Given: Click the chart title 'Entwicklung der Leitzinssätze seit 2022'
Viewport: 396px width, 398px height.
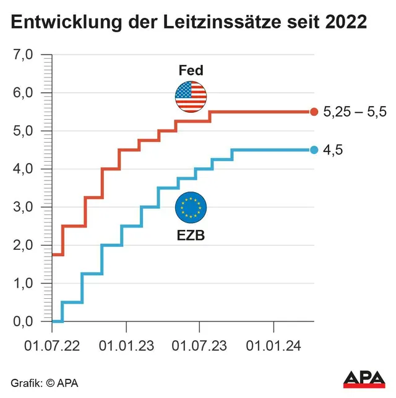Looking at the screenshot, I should click(189, 22).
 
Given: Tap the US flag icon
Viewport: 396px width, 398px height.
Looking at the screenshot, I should click(191, 97).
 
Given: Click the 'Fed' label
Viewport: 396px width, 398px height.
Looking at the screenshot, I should click(191, 70).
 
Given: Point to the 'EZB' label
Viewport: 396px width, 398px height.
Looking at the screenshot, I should click(191, 236).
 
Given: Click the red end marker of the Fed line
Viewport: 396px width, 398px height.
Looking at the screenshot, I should click(314, 112).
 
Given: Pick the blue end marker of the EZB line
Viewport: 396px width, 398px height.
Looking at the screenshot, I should click(314, 150).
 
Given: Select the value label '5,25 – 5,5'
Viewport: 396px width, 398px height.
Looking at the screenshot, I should click(355, 112).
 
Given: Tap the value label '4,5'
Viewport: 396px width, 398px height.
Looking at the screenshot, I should click(333, 150).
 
